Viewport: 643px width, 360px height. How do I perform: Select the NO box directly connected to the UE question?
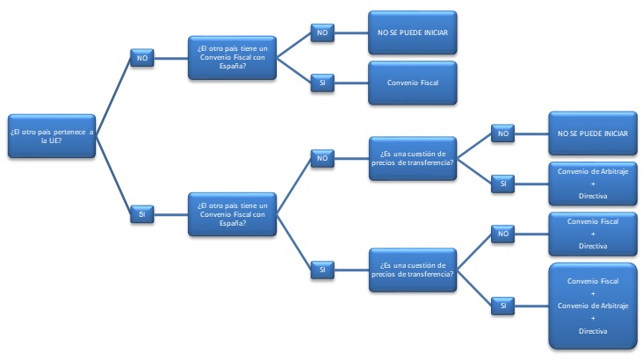pos(141,58)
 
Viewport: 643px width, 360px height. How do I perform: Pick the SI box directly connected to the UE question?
pos(141,212)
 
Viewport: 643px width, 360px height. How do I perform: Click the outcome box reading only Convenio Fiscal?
pos(412,83)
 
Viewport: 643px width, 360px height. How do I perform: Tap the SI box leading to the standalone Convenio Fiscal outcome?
pos(322,83)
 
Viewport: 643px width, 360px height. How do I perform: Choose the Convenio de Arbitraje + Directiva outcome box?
pos(593,183)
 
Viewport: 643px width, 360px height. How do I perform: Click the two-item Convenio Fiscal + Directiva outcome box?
pos(593,234)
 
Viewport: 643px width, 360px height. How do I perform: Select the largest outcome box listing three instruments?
pos(593,305)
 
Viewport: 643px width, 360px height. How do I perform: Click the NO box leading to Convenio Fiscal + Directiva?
pos(503,234)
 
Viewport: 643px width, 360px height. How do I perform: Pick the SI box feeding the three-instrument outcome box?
pos(503,305)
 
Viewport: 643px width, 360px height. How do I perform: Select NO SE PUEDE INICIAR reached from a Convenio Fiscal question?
pos(412,33)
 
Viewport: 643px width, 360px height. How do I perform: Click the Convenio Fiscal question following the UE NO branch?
pos(233,58)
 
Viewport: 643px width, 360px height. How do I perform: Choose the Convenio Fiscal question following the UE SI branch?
pos(233,212)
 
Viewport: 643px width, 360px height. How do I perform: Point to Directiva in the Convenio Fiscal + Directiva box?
pos(593,247)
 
